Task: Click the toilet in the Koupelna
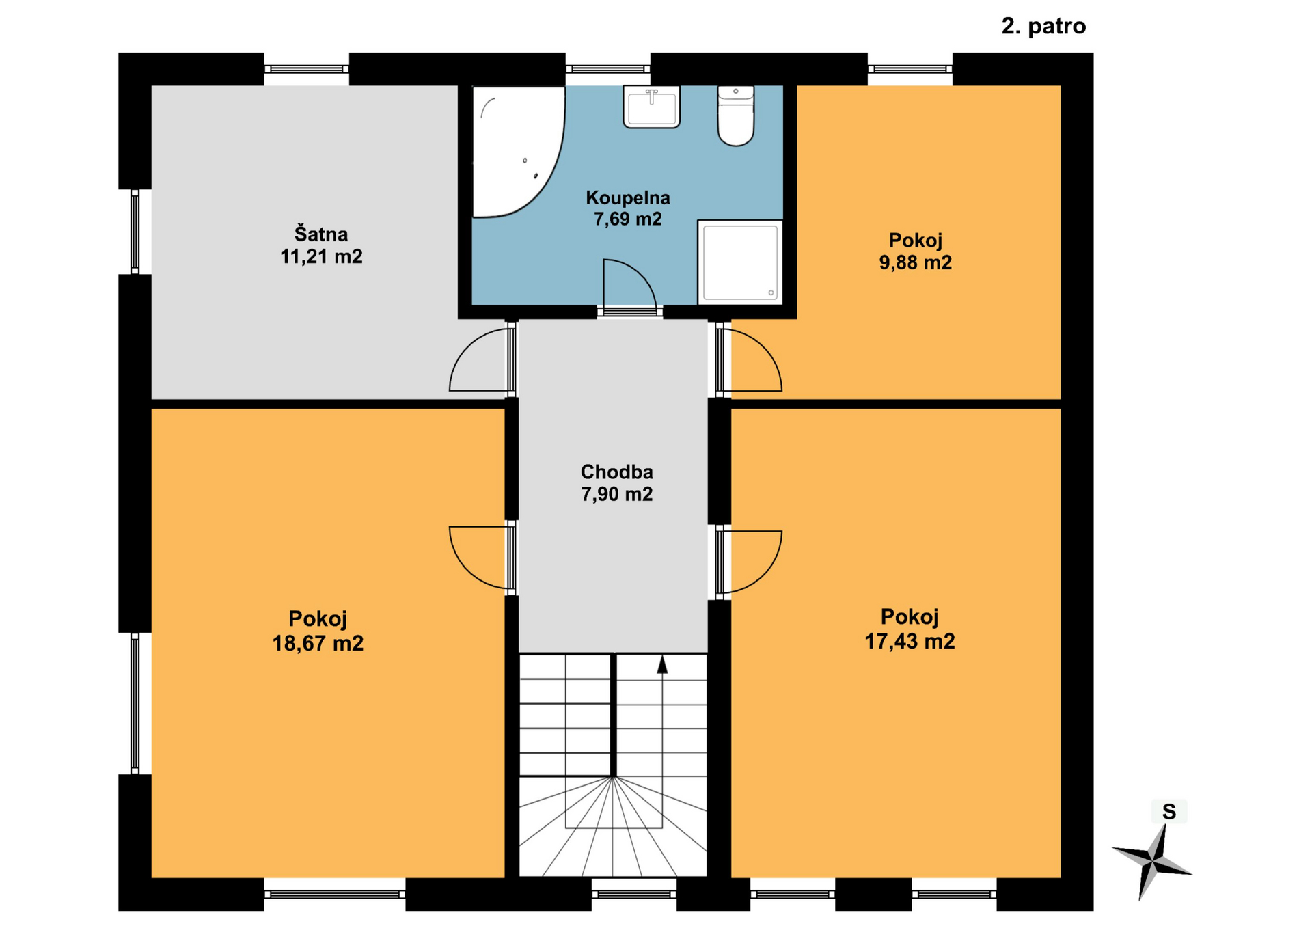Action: (x=735, y=115)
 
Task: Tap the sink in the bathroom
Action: (x=651, y=107)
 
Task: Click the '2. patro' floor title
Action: (x=1043, y=26)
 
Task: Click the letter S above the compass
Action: (x=1169, y=812)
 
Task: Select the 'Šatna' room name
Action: (x=321, y=234)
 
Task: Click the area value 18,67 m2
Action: (x=318, y=643)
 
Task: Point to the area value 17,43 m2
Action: (x=910, y=641)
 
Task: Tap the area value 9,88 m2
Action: (x=915, y=262)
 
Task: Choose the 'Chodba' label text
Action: (x=616, y=472)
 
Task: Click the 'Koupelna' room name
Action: (x=628, y=197)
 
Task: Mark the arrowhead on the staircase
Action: (x=662, y=665)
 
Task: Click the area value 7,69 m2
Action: (x=628, y=219)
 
